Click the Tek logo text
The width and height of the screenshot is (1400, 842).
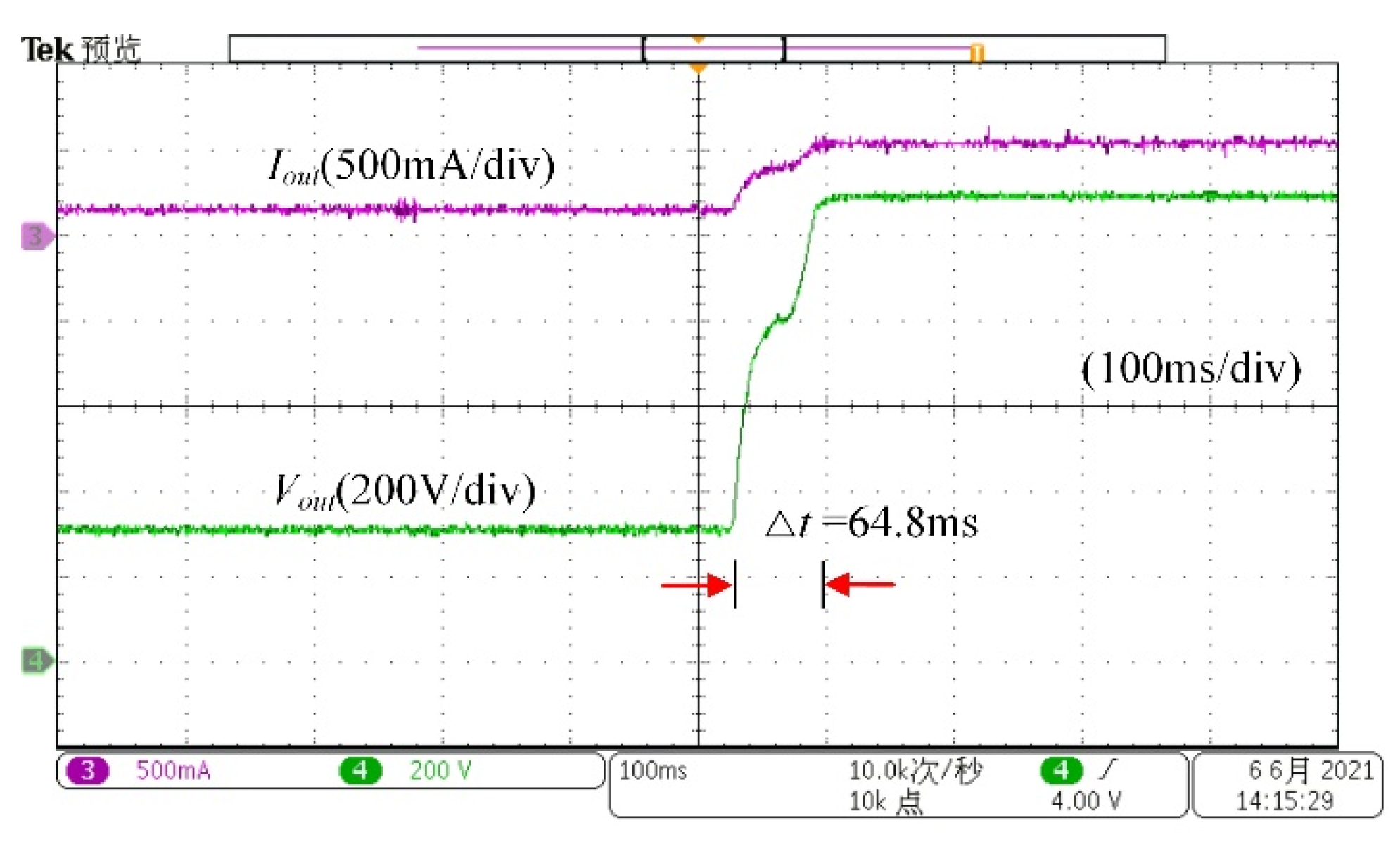[x=46, y=49]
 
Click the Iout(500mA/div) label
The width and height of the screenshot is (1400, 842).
[x=412, y=166]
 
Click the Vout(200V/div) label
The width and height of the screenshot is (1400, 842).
[x=405, y=490]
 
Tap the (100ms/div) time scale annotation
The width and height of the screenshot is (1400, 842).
[x=1190, y=368]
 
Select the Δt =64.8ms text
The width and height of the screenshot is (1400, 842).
[x=871, y=523]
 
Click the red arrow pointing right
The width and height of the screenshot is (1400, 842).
[x=696, y=584]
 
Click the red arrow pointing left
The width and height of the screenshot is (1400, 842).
[x=860, y=584]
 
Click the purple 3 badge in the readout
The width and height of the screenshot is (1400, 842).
[x=88, y=770]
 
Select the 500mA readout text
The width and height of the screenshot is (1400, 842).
[x=173, y=770]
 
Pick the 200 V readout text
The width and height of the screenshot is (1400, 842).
[x=440, y=770]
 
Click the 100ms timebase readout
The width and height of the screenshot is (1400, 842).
[x=652, y=770]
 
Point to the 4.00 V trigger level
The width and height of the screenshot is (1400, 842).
[x=1086, y=800]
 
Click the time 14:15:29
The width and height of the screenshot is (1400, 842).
[x=1284, y=800]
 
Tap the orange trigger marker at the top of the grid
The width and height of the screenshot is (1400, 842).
[x=698, y=68]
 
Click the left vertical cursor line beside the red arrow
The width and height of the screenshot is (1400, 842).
[x=735, y=584]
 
